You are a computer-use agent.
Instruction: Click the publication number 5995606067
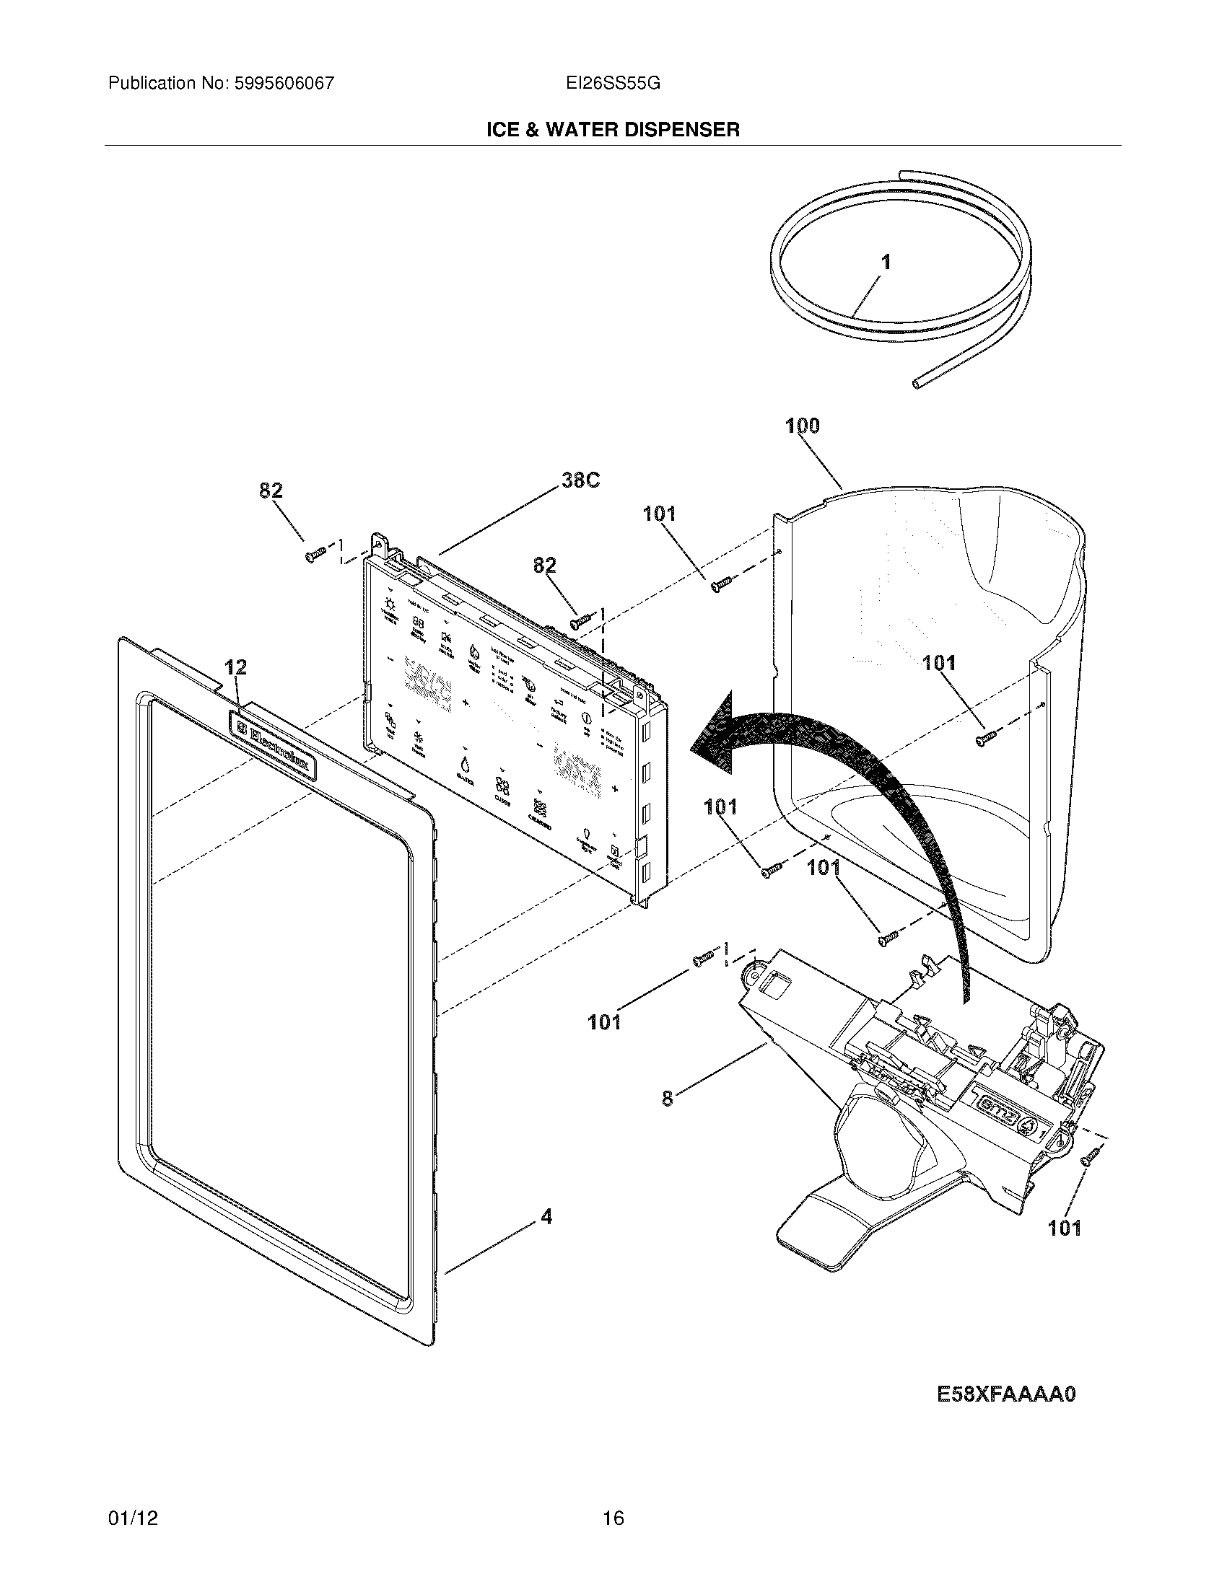click(x=283, y=84)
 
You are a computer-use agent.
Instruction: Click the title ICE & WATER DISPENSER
click(x=613, y=130)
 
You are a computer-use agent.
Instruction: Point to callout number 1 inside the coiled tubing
click(x=886, y=263)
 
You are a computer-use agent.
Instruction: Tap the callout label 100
click(x=803, y=426)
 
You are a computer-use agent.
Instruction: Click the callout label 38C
click(x=581, y=480)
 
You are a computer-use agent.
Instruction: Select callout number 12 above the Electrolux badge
click(x=235, y=667)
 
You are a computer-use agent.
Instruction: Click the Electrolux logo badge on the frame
click(x=274, y=745)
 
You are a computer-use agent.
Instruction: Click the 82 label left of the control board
click(x=271, y=491)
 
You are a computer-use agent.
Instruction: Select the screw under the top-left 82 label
click(x=315, y=556)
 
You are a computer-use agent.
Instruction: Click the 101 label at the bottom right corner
click(x=1064, y=1228)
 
